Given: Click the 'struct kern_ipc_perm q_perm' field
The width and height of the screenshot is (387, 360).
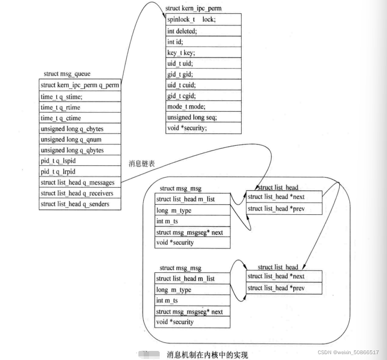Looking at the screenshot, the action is (x=80, y=85).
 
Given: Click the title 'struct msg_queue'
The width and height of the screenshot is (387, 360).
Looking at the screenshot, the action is (x=63, y=73).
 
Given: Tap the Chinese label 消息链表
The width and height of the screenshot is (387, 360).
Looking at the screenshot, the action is (x=142, y=163).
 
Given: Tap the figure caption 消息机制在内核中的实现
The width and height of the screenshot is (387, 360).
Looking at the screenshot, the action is (x=207, y=354).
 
